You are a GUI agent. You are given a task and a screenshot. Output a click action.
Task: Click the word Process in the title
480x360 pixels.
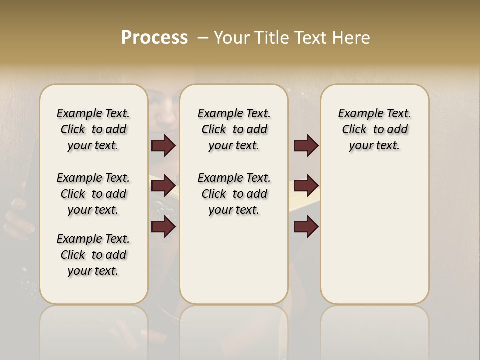point(154,37)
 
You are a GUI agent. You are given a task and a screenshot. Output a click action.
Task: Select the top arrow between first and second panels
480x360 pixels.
point(163,146)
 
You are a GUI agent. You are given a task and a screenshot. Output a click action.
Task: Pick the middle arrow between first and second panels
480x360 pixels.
point(163,186)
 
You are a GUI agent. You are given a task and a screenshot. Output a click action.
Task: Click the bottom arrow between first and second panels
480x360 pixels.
point(163,227)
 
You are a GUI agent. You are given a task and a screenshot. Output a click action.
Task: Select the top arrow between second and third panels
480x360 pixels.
point(306,146)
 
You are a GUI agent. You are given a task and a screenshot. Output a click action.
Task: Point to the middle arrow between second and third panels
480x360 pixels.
point(306,186)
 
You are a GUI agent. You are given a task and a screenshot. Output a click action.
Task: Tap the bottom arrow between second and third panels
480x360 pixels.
point(306,227)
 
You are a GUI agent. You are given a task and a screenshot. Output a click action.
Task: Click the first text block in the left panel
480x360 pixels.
point(93,129)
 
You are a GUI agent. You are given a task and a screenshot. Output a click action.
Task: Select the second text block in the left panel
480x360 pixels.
point(93,194)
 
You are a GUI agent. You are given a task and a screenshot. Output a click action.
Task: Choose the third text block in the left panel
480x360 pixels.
point(93,255)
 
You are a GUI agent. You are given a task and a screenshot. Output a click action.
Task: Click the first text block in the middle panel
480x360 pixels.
point(234,129)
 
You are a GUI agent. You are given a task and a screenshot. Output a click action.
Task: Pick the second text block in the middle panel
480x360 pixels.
point(234,194)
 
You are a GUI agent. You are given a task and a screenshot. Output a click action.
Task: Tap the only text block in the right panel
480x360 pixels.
point(374,129)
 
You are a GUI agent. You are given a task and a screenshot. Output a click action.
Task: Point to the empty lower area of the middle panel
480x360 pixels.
point(234,260)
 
